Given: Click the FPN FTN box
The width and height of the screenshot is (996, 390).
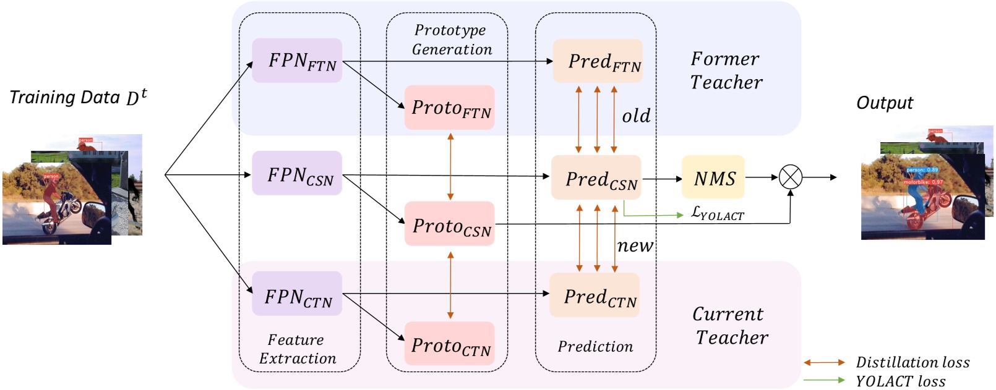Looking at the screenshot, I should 297,61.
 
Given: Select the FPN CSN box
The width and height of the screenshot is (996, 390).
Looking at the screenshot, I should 297,174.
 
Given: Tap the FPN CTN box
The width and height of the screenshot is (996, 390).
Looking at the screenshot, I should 297,294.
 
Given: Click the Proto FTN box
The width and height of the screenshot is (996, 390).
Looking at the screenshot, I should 450,108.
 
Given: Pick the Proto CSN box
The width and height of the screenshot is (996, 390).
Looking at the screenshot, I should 450,224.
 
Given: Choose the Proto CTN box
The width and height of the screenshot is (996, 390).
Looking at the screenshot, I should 450,344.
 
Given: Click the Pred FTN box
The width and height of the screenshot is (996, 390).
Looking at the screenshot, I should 598,61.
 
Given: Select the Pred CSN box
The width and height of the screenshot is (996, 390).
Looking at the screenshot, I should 596,177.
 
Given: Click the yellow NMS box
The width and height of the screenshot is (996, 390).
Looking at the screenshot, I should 713,177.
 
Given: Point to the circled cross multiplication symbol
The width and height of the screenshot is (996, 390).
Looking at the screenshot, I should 790,177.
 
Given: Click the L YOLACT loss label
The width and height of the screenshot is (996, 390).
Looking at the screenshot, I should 717,213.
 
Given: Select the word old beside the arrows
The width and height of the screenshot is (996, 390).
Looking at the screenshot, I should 636,116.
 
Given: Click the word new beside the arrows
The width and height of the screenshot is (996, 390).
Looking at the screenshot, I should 635,246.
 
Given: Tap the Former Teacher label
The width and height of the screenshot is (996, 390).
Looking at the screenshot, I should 726,70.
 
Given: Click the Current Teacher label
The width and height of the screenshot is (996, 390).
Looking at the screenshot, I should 730,326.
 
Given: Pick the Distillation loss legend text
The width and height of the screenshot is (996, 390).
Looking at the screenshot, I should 912,363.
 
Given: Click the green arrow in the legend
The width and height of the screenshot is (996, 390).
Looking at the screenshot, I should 824,381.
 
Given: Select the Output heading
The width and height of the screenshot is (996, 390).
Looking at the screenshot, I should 885,103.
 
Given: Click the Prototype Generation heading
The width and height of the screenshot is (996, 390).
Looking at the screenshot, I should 451,40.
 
